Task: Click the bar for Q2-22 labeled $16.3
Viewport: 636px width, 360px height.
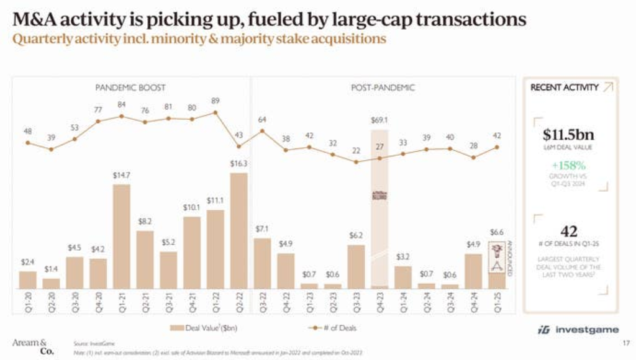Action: tap(239, 230)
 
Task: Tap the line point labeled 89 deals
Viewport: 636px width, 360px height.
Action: tap(216, 112)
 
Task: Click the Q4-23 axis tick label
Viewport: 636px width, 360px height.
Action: tap(379, 304)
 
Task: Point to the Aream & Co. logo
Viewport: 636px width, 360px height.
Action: tap(33, 346)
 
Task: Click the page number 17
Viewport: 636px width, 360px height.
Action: tap(625, 343)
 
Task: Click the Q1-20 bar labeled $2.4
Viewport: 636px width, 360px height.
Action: tap(28, 279)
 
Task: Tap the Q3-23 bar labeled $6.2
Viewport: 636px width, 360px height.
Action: tap(356, 266)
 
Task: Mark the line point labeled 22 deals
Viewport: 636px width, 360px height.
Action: tap(356, 162)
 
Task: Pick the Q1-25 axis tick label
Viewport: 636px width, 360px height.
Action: tap(497, 304)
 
